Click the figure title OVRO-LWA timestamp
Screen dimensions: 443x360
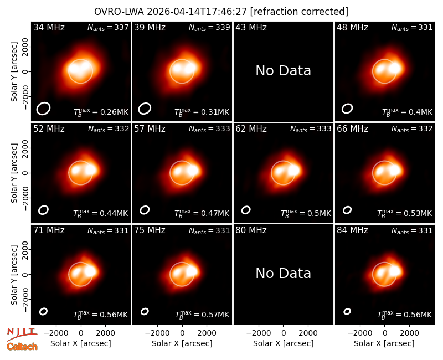coord(221,12)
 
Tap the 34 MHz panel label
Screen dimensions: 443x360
coord(49,27)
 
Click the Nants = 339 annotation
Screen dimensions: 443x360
coord(209,27)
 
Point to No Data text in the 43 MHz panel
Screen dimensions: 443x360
coord(283,71)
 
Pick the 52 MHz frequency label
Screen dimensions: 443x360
coord(49,129)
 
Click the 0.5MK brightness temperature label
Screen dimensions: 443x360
coord(306,213)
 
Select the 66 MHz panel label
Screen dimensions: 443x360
coord(352,129)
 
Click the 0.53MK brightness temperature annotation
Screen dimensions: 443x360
coord(405,213)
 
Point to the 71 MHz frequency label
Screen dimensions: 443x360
coord(49,230)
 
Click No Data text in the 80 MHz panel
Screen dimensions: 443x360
coord(283,274)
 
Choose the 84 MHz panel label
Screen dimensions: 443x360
coord(352,230)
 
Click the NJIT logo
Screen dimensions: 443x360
coord(22,333)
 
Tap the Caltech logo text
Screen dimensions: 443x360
coord(22,347)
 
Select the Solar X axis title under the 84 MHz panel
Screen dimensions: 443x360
coord(384,343)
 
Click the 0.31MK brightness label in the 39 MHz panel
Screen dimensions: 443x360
coord(202,112)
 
